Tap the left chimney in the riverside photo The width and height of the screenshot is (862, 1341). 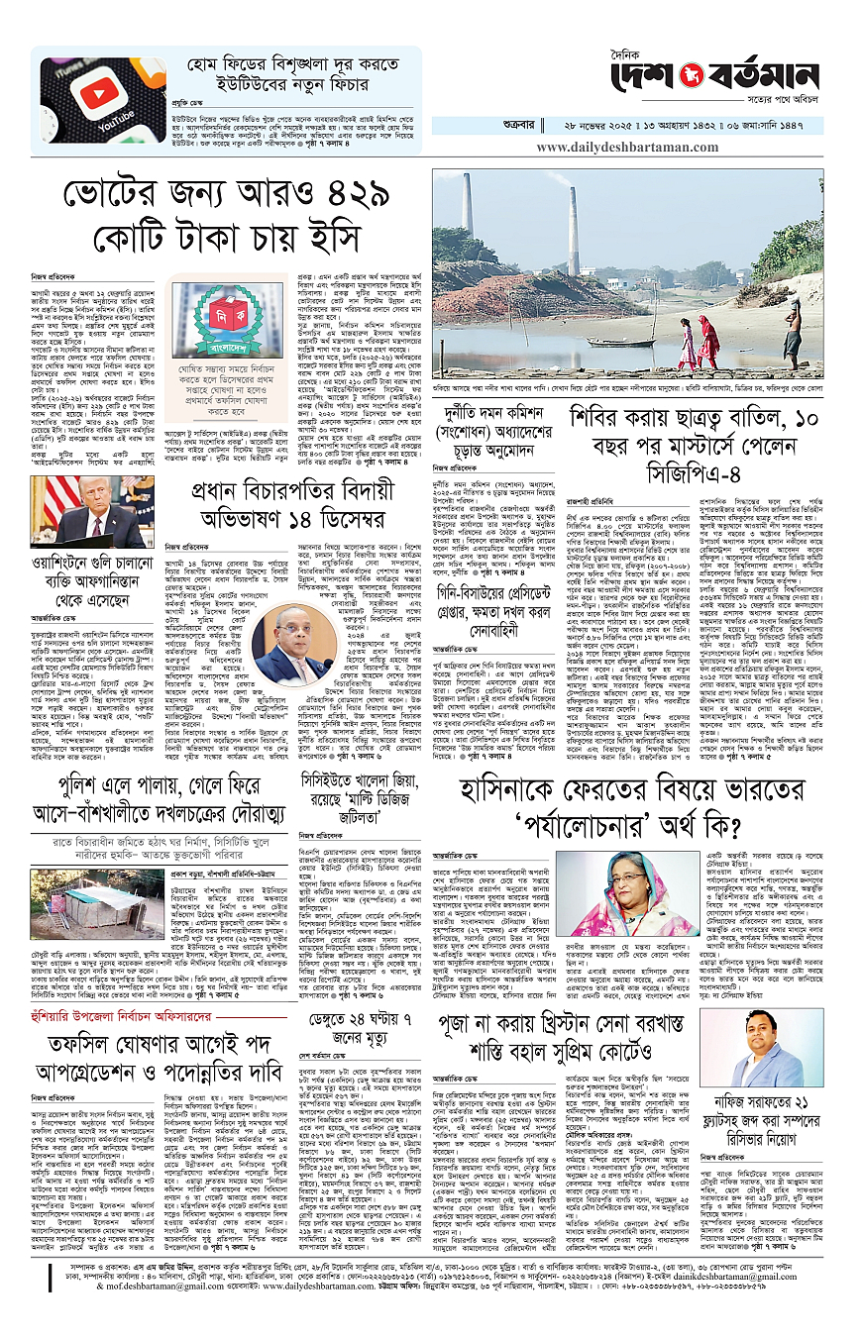[467, 209]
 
